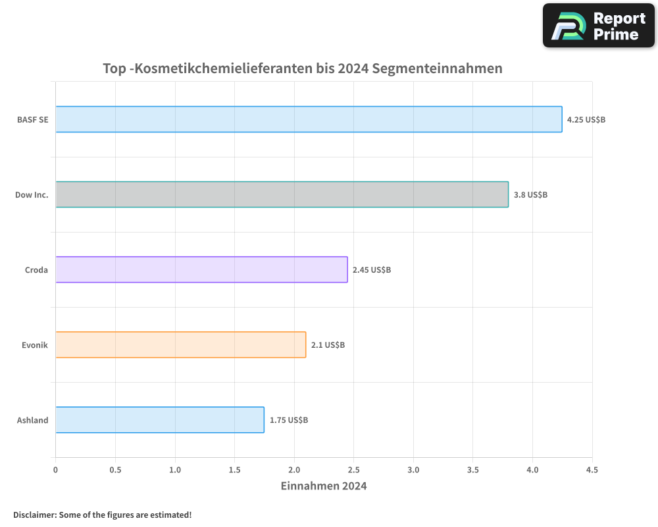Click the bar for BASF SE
point(309,119)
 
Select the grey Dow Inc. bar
point(282,194)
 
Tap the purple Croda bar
point(201,269)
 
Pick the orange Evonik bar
point(180,345)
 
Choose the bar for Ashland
point(159,420)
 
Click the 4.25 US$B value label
point(586,120)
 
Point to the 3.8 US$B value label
point(530,195)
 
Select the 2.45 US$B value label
point(372,270)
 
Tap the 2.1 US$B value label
point(328,345)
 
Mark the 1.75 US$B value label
point(289,420)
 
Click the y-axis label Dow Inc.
point(32,195)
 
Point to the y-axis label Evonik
point(35,345)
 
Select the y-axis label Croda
point(36,270)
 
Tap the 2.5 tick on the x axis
point(353,470)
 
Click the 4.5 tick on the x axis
point(592,470)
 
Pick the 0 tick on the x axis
point(55,470)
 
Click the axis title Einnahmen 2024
point(324,486)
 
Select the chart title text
point(303,69)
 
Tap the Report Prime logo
point(599,26)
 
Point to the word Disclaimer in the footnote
point(34,514)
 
